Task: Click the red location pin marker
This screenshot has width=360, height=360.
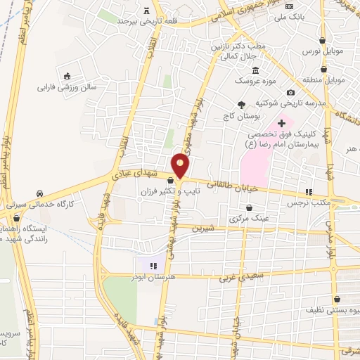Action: (181, 166)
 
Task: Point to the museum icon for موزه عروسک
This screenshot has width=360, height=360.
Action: (255, 70)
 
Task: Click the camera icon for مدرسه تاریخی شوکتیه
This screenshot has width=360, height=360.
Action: (290, 93)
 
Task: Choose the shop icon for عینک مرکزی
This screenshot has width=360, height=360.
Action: (252, 209)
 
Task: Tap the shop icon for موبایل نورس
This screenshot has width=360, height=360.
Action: (322, 39)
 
